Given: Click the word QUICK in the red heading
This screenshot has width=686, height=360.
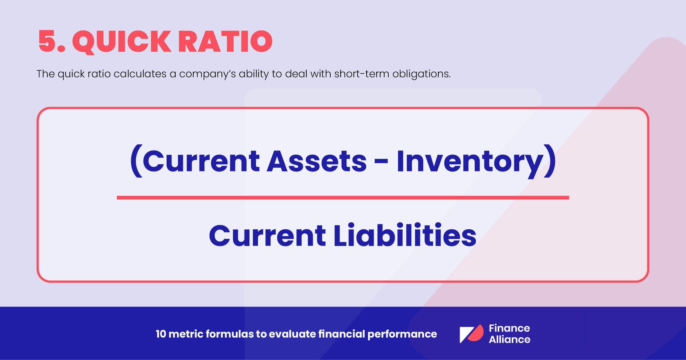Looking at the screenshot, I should [x=121, y=42].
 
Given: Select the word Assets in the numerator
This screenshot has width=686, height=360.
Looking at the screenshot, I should [x=317, y=161].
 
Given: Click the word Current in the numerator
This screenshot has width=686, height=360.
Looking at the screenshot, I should [x=201, y=161].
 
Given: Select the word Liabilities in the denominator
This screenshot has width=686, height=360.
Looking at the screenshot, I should [x=405, y=236].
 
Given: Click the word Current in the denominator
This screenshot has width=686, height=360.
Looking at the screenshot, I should [x=267, y=236].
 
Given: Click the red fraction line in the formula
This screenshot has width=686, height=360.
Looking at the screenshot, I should [x=343, y=198].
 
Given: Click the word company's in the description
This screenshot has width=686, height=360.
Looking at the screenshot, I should [x=207, y=74].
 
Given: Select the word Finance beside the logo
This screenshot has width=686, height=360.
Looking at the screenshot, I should [x=509, y=328].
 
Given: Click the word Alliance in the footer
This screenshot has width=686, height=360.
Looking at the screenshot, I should [x=509, y=339].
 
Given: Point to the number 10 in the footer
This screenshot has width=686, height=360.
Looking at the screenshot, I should [x=161, y=334].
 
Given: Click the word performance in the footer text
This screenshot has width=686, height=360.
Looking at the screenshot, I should [x=402, y=334].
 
